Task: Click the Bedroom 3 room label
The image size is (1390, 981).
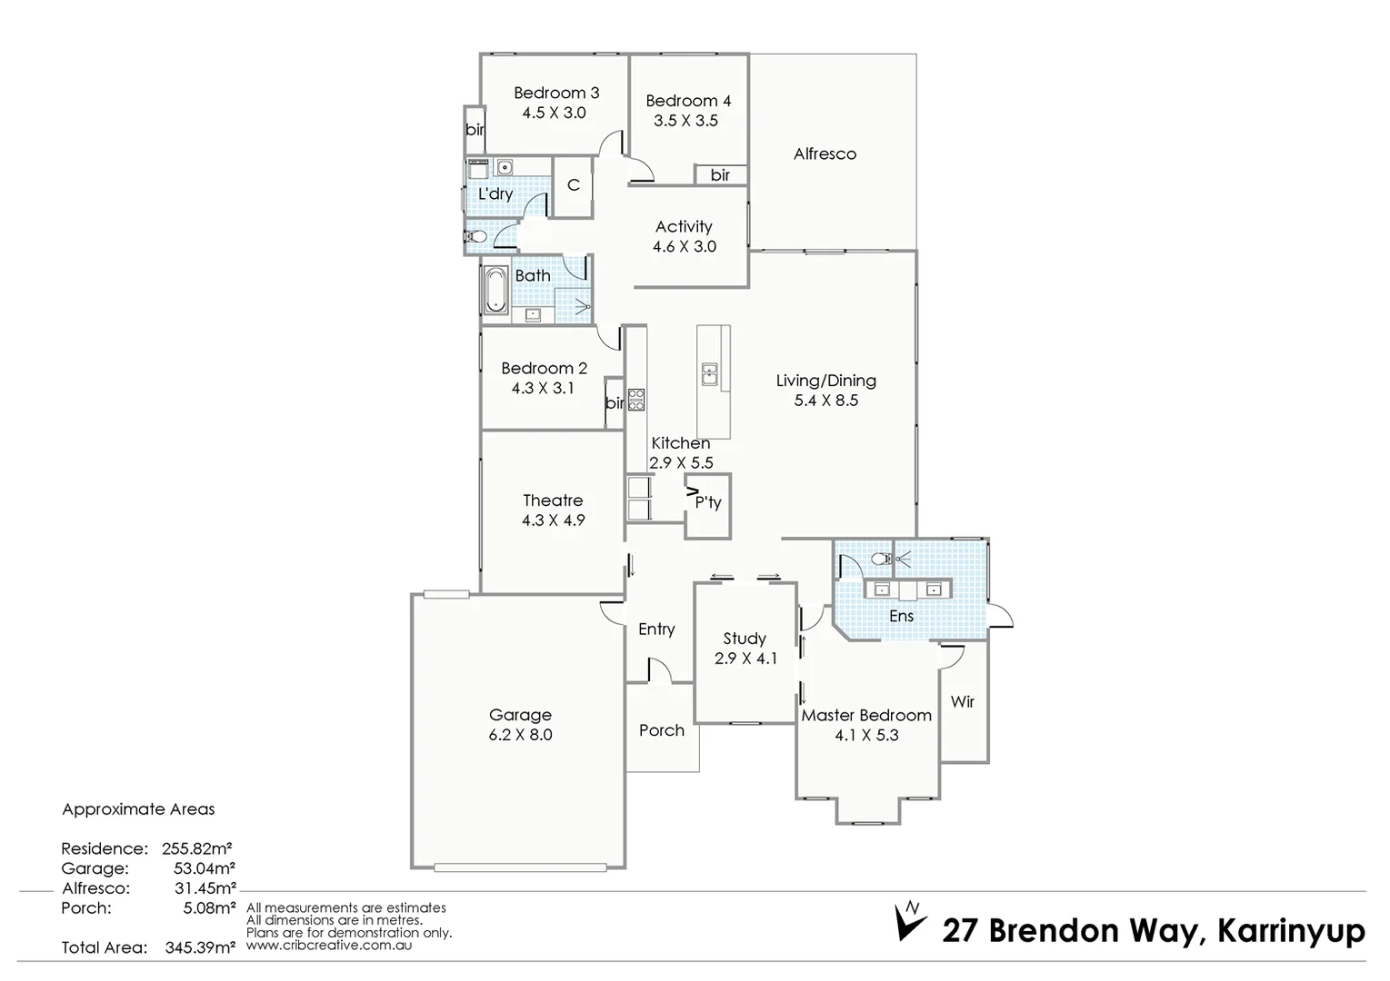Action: [555, 93]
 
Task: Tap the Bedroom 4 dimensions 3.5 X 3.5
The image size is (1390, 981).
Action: [686, 121]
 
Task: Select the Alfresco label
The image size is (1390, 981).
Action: [825, 154]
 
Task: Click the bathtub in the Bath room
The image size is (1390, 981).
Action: [496, 291]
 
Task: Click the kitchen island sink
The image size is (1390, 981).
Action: [709, 373]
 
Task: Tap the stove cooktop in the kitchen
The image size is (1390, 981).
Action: [635, 400]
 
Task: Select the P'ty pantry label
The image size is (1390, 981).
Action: [707, 502]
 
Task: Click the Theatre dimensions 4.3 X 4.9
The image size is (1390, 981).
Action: [553, 520]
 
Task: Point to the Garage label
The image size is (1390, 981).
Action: [520, 715]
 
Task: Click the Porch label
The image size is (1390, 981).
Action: [661, 730]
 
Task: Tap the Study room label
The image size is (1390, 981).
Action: [745, 639]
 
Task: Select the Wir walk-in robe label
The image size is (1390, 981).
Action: [962, 701]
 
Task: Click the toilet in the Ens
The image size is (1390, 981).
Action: [879, 559]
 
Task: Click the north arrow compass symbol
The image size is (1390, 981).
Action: [910, 920]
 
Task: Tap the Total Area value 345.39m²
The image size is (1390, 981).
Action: [200, 947]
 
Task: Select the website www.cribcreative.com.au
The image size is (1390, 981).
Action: [329, 945]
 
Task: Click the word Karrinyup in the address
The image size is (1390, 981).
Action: [1290, 931]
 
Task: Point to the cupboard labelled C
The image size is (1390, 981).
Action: [573, 185]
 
